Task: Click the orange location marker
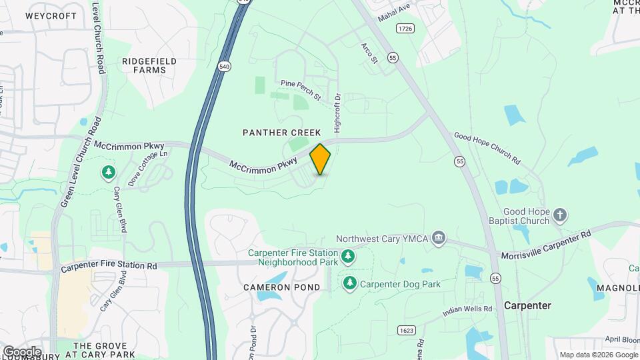click(x=321, y=159)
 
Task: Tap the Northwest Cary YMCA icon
click(x=439, y=239)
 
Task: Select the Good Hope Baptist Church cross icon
click(x=560, y=215)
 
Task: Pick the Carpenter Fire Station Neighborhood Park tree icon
click(x=347, y=256)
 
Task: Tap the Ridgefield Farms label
click(x=149, y=65)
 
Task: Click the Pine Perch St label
click(x=301, y=87)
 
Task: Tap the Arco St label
click(x=369, y=53)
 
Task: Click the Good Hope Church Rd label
click(x=487, y=147)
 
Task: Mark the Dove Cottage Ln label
click(x=148, y=171)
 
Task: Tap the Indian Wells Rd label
click(x=467, y=311)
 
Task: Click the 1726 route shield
click(x=405, y=28)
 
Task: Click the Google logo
click(x=21, y=351)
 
